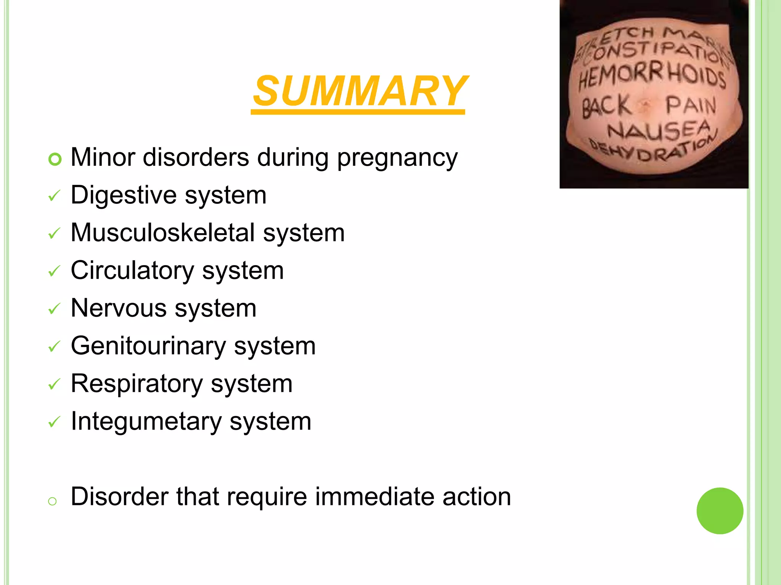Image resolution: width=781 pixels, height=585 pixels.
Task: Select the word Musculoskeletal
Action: (162, 233)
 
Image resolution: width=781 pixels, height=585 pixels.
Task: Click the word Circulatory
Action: (132, 270)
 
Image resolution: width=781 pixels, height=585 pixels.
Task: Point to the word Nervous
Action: (119, 308)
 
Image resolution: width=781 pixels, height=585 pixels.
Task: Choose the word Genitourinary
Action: (148, 346)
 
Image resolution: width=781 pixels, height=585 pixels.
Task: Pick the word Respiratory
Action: (137, 384)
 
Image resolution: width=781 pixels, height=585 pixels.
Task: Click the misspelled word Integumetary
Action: (146, 421)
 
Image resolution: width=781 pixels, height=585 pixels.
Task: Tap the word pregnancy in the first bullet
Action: (397, 158)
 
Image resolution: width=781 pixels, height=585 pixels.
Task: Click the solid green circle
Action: (720, 511)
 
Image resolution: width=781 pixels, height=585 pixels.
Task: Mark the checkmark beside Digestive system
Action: (54, 196)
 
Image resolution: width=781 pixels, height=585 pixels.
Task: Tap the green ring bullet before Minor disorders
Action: (55, 159)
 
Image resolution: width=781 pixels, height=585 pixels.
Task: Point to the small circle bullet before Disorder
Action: (52, 501)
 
